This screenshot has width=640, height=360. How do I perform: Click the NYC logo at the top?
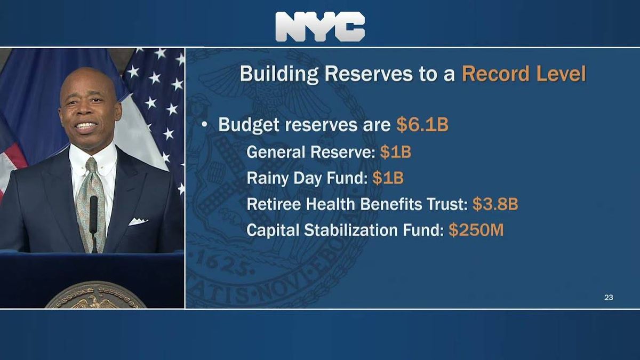(x=320, y=27)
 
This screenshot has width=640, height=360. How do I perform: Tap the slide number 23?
(x=609, y=298)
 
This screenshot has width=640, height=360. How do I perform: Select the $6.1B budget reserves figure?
(x=422, y=125)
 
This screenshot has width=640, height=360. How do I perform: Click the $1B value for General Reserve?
(x=395, y=152)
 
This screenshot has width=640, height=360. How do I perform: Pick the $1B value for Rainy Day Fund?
(x=388, y=178)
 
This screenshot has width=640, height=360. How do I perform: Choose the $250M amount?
(x=476, y=230)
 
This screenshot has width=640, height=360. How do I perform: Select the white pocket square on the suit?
(x=138, y=221)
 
